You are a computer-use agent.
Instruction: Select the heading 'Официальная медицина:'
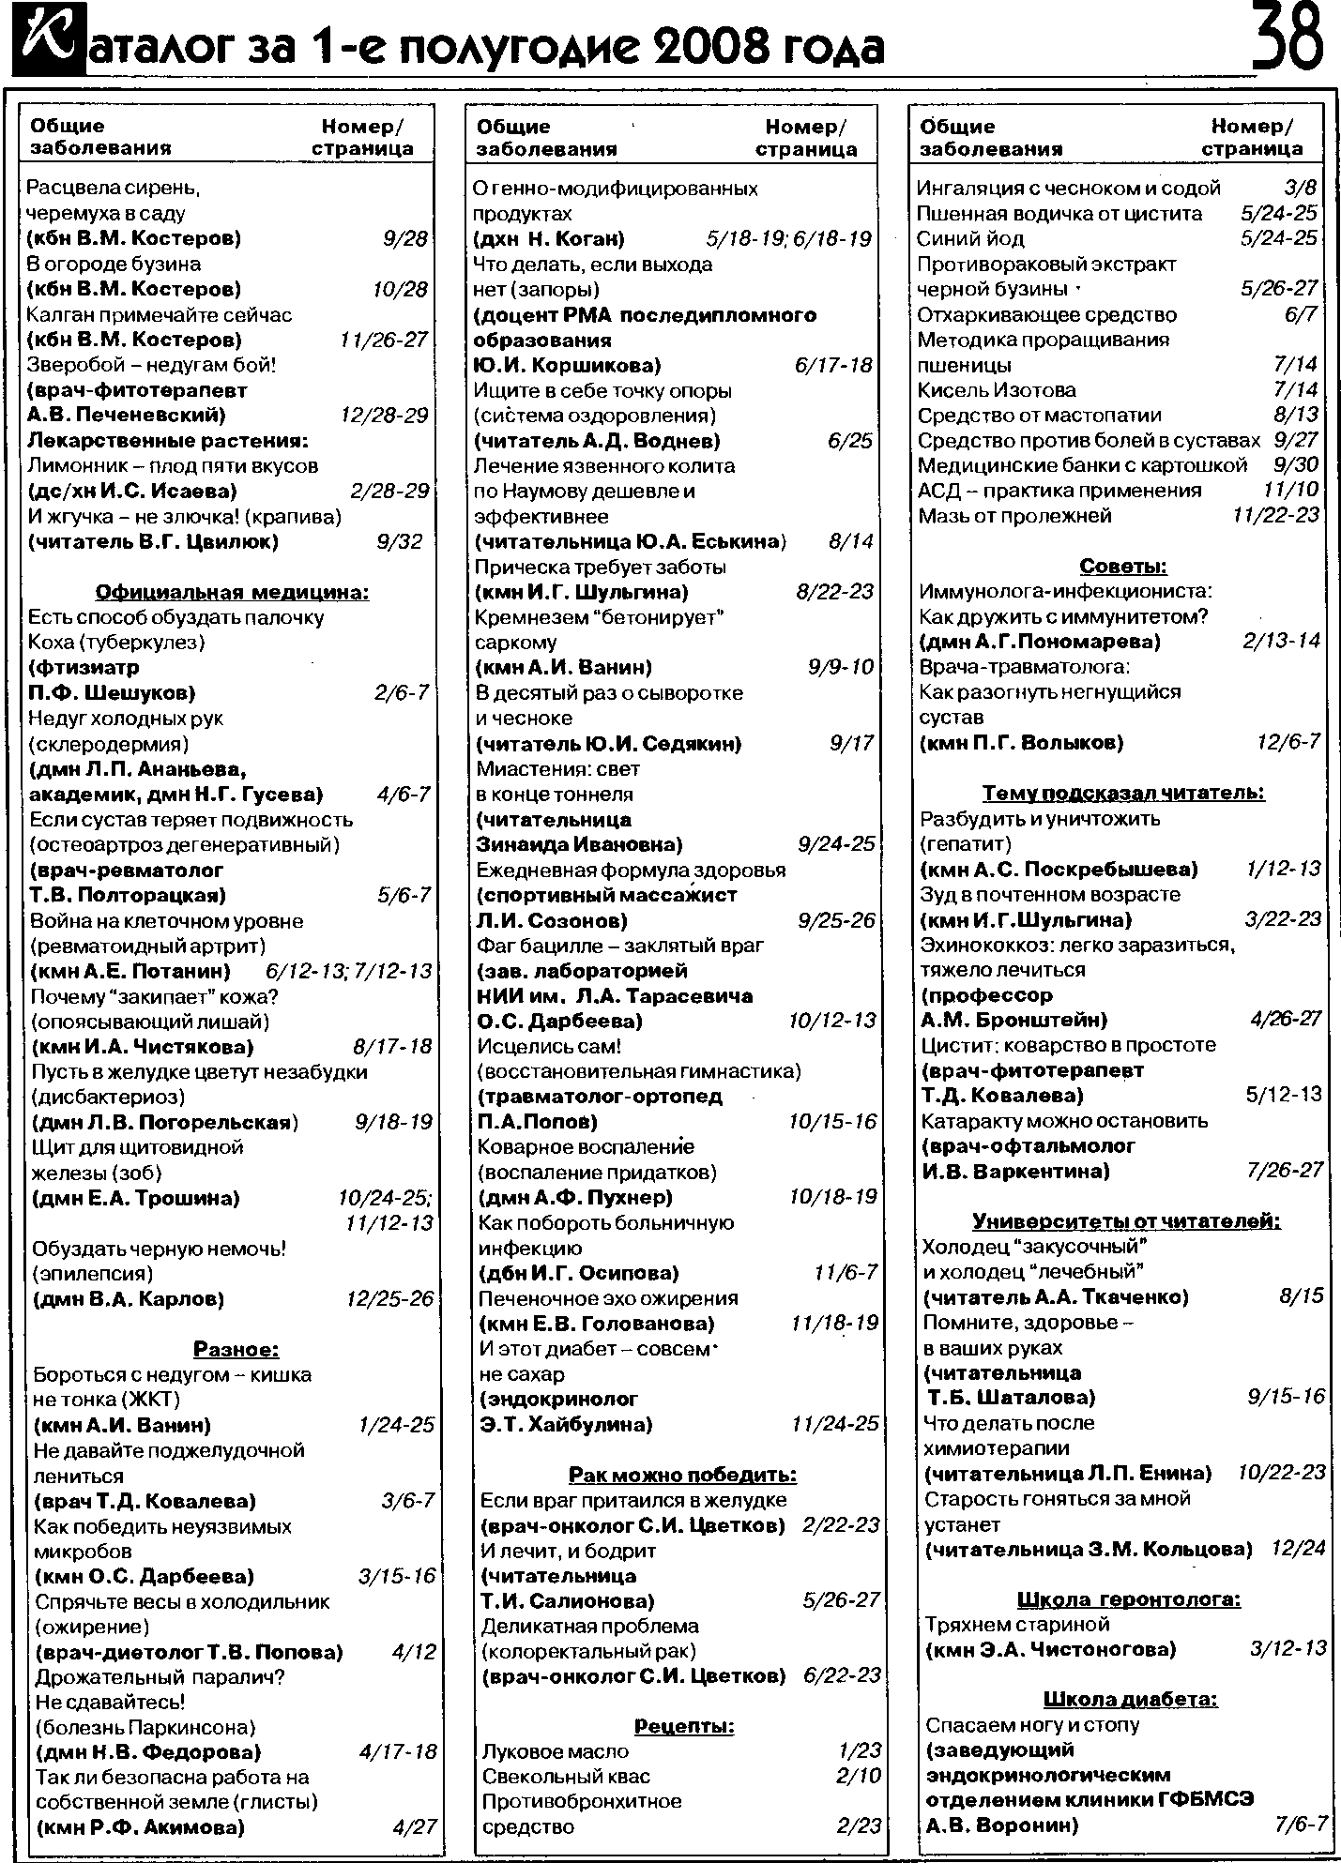(233, 592)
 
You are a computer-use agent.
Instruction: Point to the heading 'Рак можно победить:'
(682, 1475)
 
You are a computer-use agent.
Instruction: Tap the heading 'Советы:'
(1123, 567)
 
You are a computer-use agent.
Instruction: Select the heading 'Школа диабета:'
(1130, 1699)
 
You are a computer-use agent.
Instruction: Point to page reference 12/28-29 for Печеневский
(385, 415)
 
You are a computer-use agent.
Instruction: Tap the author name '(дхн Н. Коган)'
(550, 239)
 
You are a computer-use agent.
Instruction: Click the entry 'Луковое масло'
(555, 1751)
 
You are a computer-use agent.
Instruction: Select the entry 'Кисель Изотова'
(997, 389)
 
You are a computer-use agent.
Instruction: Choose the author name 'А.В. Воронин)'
(1001, 1825)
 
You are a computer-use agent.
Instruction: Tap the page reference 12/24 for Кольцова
(1298, 1548)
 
